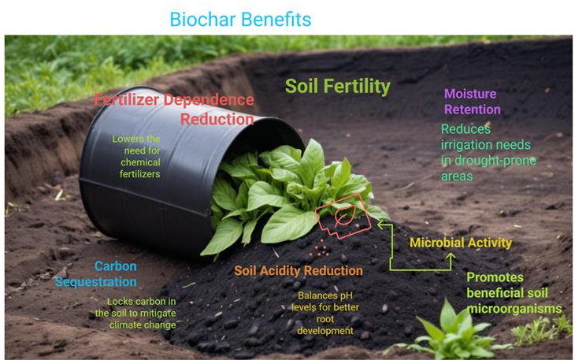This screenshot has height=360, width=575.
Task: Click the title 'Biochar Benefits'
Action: click(240, 20)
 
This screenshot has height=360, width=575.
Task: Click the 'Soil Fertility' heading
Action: click(338, 87)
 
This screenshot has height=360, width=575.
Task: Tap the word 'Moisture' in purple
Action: click(470, 94)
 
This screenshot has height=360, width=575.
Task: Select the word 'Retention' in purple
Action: click(473, 109)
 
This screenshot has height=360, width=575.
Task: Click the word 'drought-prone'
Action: click(495, 161)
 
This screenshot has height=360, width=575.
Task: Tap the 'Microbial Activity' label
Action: click(461, 243)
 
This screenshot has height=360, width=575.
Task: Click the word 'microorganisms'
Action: click(514, 309)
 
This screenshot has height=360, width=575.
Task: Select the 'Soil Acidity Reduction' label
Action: click(299, 270)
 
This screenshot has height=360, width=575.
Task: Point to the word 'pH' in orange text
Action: click(346, 296)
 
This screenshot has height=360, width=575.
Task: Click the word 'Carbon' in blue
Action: click(116, 266)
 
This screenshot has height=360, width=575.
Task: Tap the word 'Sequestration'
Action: click(96, 282)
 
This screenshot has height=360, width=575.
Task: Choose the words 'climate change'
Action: click(143, 325)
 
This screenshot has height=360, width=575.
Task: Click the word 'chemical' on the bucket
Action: click(140, 162)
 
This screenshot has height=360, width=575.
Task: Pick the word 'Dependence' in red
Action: click(209, 100)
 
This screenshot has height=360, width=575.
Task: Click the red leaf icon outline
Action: click(343, 216)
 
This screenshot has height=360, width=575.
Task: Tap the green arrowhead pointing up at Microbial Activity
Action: click(451, 256)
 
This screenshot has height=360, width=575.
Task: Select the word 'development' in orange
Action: click(325, 331)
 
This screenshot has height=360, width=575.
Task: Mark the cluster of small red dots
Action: click(320, 249)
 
